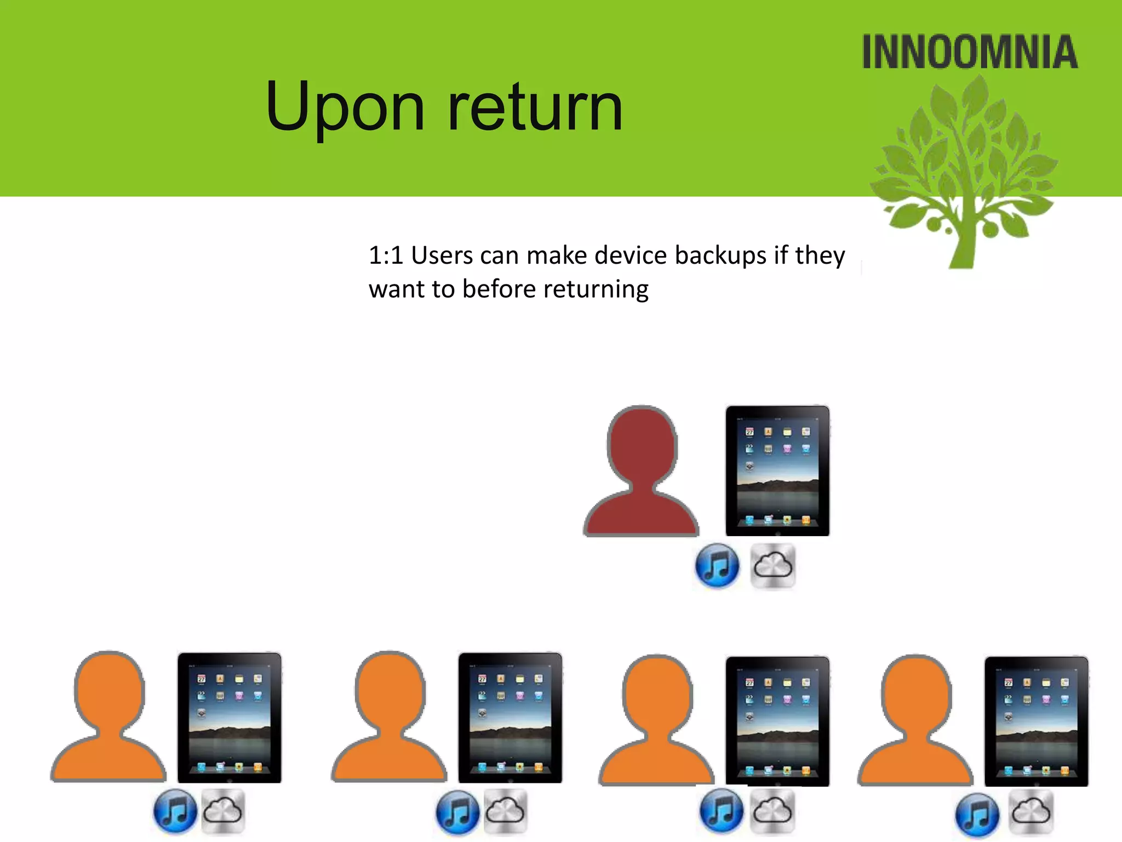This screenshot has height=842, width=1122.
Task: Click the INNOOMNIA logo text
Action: [x=970, y=52]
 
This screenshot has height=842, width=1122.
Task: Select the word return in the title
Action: [x=535, y=107]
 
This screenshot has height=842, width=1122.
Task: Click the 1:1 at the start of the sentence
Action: [x=386, y=255]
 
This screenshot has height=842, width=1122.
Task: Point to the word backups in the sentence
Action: [x=720, y=255]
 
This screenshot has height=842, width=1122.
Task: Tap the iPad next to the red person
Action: [x=777, y=471]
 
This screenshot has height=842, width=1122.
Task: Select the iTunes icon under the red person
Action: [x=717, y=565]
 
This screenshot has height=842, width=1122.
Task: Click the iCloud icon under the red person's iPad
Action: [x=772, y=565]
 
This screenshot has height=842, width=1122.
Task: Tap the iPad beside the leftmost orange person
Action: [x=230, y=718]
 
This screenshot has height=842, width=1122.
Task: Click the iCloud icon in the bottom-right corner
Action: [x=1032, y=812]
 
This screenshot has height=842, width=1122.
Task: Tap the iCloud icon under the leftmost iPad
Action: [x=223, y=811]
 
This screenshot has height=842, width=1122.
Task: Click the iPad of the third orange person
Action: [x=777, y=721]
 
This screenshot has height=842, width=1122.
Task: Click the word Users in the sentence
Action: [x=442, y=255]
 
